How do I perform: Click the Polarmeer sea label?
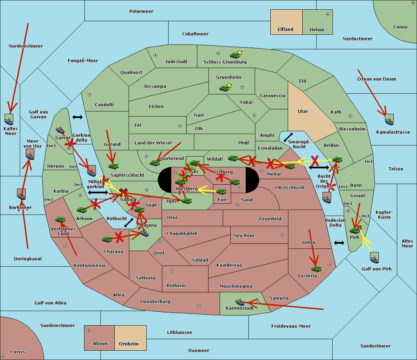(x=141, y=11)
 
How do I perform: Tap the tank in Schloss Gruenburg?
(x=235, y=55)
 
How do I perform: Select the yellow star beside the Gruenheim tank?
(x=229, y=85)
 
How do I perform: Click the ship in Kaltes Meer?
(x=9, y=122)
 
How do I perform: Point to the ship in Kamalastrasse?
(x=389, y=122)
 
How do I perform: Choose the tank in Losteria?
(x=316, y=269)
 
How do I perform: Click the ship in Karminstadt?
(x=240, y=302)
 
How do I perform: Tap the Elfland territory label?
(x=285, y=30)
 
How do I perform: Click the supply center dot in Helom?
(x=328, y=14)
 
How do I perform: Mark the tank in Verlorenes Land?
(x=60, y=219)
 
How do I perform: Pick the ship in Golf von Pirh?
(x=375, y=260)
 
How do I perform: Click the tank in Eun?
(x=221, y=192)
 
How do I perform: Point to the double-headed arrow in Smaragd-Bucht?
(x=288, y=137)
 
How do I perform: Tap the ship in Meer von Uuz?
(x=30, y=156)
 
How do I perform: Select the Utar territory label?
(x=303, y=111)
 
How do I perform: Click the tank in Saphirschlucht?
(x=113, y=166)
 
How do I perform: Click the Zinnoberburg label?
(x=155, y=301)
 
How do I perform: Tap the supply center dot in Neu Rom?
(x=283, y=235)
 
